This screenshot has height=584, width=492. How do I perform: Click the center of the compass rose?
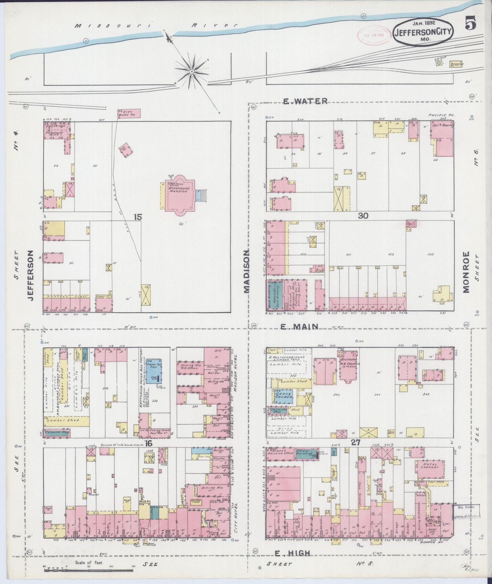(191, 71)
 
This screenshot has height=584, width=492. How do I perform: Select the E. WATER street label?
(305, 101)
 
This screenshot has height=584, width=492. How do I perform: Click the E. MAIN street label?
(299, 327)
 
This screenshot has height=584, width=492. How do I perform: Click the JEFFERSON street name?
(31, 275)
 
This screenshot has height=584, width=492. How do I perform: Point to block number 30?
(362, 215)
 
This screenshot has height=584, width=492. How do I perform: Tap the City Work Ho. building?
(129, 113)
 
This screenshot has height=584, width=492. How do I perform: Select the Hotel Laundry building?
(430, 469)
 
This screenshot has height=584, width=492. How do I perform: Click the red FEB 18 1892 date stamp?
(372, 34)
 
